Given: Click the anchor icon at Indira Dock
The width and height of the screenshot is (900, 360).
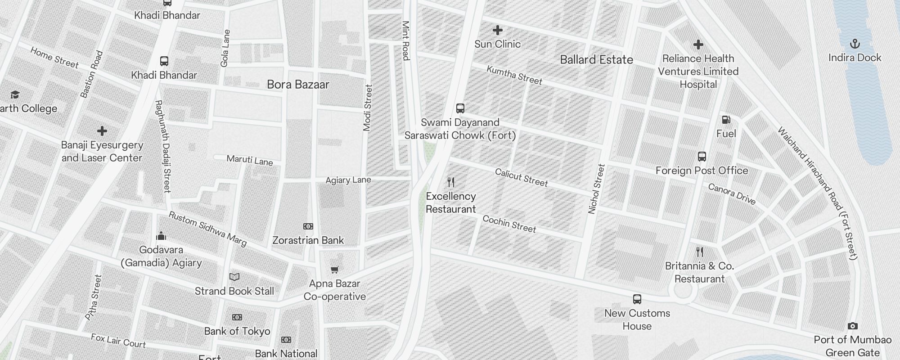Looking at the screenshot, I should coord(854,44).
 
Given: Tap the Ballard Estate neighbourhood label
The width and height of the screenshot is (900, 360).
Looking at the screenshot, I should coord(596,60).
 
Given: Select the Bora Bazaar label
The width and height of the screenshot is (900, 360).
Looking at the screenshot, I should coord(298,85).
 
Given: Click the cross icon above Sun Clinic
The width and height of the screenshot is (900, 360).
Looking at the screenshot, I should coord(497,30).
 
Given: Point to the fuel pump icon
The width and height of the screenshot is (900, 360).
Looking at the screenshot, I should coord(726,120).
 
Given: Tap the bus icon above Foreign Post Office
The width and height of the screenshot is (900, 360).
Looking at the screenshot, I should coord(702,157).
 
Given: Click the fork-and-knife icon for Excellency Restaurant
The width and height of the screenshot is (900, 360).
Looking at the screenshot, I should coord(451,182).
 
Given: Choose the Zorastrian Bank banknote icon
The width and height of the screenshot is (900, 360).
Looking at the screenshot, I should coord(308,226).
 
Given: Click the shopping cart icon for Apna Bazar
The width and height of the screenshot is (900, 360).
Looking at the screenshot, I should coord(334,270).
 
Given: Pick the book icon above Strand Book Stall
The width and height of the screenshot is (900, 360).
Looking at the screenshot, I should coord(234,277).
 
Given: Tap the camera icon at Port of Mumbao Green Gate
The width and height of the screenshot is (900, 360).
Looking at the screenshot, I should coord(852,326).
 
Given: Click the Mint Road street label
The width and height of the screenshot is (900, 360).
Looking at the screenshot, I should coord(405,40).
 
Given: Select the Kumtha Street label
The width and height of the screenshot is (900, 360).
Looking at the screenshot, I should coord(514,75).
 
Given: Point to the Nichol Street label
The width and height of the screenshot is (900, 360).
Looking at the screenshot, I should coord(597,189).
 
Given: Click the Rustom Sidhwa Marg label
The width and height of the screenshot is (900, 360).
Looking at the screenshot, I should coord(207,229).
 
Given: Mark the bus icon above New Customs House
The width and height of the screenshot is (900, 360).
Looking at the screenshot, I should coord(637,299).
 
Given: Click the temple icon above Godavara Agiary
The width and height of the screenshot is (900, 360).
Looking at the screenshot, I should coord(161,236).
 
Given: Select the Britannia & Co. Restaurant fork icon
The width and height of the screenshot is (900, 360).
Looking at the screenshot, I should coord(699,252).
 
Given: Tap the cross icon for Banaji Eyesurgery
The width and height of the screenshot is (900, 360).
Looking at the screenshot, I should coord(102,131).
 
